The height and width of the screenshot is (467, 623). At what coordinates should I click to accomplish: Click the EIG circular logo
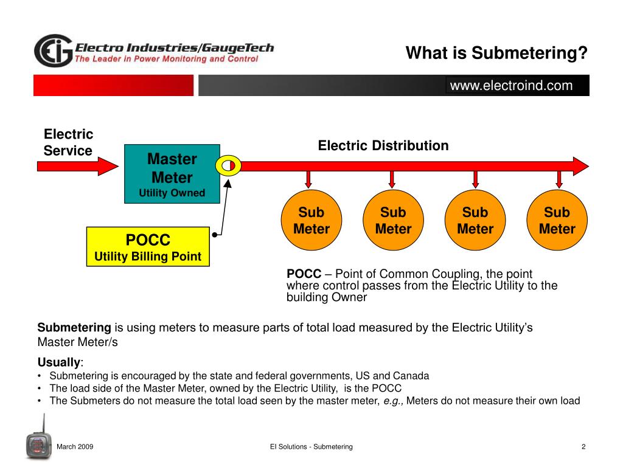(54, 50)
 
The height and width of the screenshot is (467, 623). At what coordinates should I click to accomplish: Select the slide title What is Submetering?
(496, 53)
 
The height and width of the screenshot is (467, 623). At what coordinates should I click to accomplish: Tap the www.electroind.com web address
(511, 85)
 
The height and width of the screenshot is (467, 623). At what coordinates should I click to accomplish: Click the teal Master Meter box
(172, 174)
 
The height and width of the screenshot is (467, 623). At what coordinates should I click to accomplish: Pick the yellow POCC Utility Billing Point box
(148, 247)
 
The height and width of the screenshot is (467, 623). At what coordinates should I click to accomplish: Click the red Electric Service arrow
(77, 166)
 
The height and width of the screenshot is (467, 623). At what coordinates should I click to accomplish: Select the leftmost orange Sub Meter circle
(311, 220)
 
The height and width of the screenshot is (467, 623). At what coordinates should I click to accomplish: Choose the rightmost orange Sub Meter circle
(557, 220)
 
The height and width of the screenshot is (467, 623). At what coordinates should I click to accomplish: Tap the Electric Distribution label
(383, 145)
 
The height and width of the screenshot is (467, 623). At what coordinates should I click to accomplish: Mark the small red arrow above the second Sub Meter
(392, 179)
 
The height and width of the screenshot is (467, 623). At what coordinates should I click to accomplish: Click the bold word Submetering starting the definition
(74, 328)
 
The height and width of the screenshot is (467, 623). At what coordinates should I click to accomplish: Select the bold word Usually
(59, 362)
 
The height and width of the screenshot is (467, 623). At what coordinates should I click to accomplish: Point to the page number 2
(583, 447)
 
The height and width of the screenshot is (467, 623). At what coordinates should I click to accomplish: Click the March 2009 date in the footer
(75, 447)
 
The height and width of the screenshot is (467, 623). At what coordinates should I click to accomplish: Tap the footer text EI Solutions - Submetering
(311, 447)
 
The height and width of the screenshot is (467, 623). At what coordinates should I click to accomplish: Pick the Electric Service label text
(68, 142)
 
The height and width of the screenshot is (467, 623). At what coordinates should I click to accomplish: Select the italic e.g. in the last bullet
(393, 401)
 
